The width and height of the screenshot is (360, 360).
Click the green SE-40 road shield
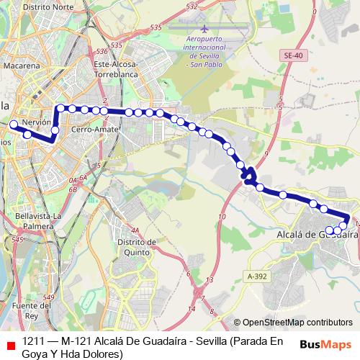(x=292, y=55)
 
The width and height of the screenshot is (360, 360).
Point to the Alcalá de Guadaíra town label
(x=318, y=234)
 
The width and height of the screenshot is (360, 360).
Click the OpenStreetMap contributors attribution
(x=297, y=323)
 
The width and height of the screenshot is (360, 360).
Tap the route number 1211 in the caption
(x=34, y=341)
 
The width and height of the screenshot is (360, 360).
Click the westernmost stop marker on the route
(x=13, y=125)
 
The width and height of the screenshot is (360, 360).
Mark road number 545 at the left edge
(x=18, y=238)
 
